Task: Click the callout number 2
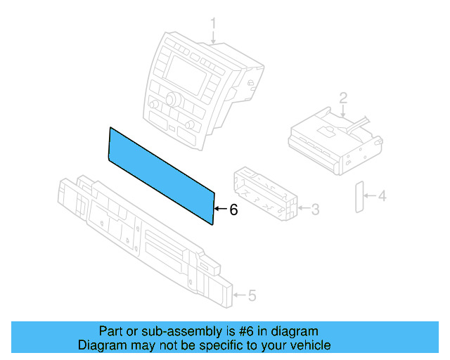tap(343, 96)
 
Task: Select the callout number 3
tap(316, 209)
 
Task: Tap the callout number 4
tap(382, 196)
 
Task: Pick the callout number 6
tap(233, 210)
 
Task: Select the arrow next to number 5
tap(240, 296)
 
